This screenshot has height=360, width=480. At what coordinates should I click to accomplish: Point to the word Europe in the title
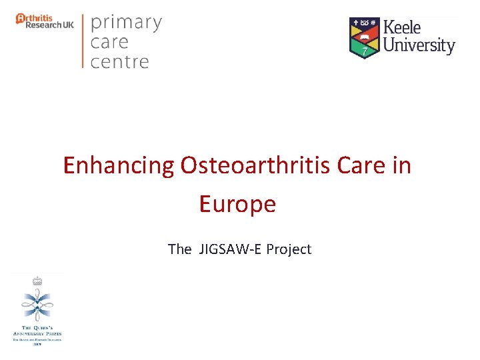237,204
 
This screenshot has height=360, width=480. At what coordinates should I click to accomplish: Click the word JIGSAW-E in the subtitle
229,249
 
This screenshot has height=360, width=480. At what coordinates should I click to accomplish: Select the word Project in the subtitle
289,249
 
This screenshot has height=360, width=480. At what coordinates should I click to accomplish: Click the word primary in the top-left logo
126,23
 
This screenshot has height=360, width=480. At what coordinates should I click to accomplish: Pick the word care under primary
110,43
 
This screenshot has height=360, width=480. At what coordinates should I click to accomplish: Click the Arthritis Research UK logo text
45,21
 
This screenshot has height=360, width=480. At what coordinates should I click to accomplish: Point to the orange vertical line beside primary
83,41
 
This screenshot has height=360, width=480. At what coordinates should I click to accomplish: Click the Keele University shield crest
364,38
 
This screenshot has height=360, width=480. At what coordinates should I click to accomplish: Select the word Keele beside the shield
403,28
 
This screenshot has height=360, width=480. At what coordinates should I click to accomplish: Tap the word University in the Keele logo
419,46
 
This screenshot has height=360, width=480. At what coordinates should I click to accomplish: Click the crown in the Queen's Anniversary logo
37,281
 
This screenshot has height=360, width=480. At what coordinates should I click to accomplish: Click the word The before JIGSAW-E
179,249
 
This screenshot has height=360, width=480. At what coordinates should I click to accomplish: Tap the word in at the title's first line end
402,165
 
